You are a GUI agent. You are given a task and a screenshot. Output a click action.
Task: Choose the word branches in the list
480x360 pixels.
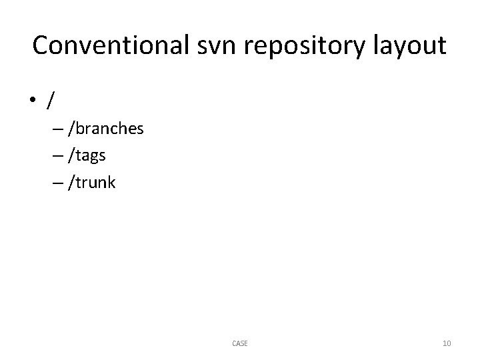108,129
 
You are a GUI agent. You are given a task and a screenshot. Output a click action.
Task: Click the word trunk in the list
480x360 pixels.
94,182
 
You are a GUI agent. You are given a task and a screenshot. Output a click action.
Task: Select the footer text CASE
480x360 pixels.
240,343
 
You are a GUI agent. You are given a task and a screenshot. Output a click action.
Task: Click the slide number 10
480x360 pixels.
447,343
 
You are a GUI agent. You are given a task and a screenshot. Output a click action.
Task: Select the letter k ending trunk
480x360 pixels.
111,182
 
